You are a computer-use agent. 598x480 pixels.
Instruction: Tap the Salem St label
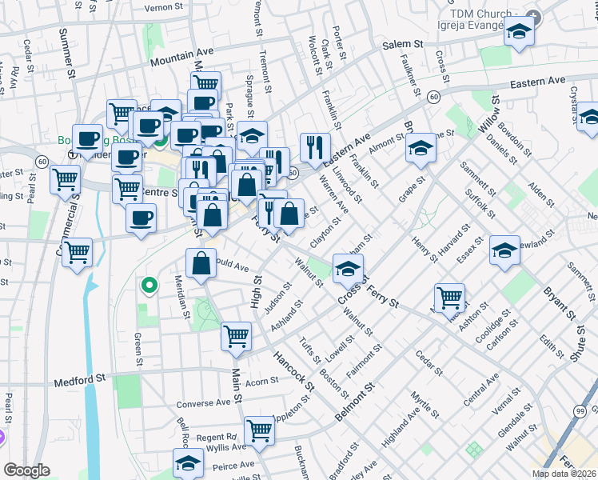click(402, 45)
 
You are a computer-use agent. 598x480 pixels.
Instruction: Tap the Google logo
click(26, 470)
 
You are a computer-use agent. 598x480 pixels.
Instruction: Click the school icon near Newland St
click(504, 250)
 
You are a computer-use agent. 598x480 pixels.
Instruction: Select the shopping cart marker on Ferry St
click(449, 298)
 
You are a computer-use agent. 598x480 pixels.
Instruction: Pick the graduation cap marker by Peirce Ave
click(188, 462)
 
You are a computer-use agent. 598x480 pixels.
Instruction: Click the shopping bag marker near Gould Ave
click(201, 262)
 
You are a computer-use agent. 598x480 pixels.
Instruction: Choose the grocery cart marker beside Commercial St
click(77, 252)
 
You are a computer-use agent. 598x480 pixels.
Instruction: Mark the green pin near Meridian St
click(148, 285)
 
